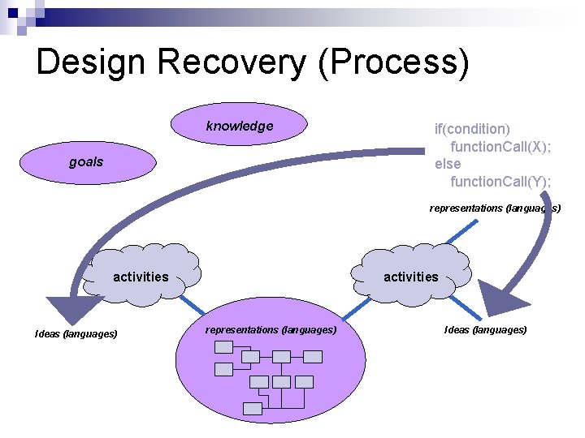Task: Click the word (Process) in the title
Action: (394, 62)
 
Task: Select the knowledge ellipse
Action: (240, 126)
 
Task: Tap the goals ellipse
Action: (86, 161)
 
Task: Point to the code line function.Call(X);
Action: (500, 146)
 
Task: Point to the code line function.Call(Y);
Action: (500, 181)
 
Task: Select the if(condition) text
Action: (472, 128)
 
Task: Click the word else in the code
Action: (448, 164)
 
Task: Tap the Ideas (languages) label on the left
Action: (76, 333)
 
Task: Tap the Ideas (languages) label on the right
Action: (485, 329)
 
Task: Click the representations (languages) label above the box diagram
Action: (271, 329)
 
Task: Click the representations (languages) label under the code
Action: (495, 208)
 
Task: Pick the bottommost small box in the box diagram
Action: (253, 409)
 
